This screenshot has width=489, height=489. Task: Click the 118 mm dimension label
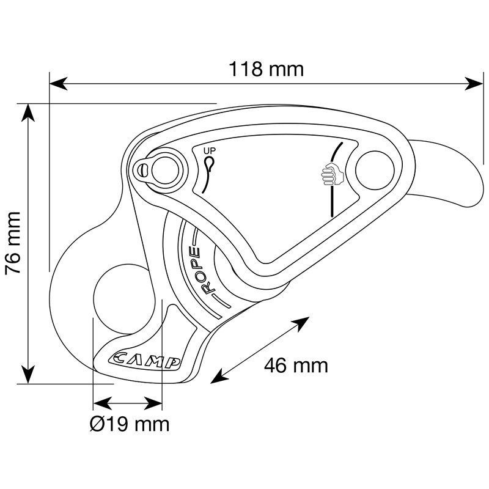[x=267, y=69]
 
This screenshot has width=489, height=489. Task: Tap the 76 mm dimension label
[x=13, y=243]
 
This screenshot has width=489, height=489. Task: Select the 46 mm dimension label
[x=296, y=366]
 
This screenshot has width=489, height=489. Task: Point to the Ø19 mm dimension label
[x=130, y=424]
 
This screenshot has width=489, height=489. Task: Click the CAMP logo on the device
[x=145, y=361]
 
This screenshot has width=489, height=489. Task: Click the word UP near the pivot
[x=210, y=151]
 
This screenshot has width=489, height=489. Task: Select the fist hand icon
[x=332, y=174]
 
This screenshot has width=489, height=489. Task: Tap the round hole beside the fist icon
[x=375, y=171]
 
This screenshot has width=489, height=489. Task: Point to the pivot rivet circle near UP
[x=165, y=171]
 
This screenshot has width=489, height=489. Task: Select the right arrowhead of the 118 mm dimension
[x=474, y=84]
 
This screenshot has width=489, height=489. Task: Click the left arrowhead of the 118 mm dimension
[x=59, y=84]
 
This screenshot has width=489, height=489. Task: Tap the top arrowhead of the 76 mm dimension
[x=28, y=112]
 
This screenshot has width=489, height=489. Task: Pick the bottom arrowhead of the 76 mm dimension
[x=28, y=374]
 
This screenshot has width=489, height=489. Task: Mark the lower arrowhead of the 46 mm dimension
[x=219, y=376]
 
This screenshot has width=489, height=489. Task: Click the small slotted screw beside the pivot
[x=144, y=171]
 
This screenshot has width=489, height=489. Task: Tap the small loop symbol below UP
[x=209, y=162]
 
